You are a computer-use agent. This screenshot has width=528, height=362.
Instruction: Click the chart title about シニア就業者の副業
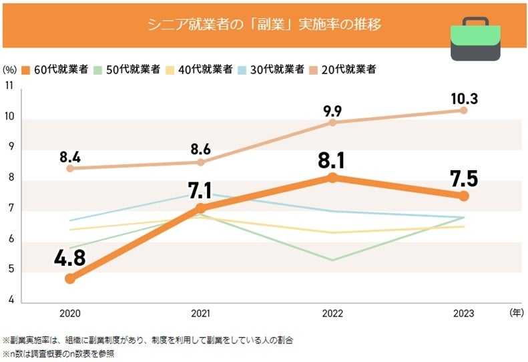(264, 25)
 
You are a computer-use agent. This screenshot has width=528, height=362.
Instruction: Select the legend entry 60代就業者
(59, 69)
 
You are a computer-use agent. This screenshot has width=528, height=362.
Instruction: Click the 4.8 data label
(69, 258)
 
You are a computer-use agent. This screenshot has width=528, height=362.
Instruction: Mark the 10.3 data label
(464, 98)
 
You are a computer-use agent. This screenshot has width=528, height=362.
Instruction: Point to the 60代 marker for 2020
(70, 279)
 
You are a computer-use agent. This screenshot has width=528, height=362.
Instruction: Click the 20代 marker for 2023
(464, 110)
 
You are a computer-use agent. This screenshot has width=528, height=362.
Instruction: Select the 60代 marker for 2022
(332, 177)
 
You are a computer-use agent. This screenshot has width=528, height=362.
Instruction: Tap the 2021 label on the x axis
(201, 313)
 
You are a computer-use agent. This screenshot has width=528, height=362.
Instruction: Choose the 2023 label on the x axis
(464, 313)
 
